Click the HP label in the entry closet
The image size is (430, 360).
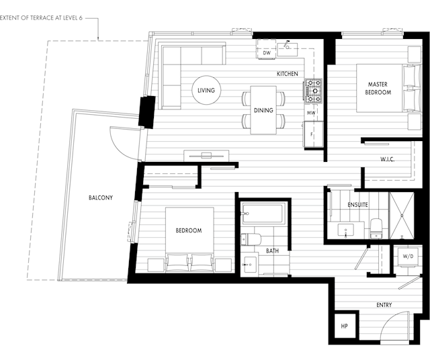click(344, 326)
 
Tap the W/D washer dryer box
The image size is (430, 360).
click(408, 257)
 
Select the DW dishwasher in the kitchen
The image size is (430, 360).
click(266, 49)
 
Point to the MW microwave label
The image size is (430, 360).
click(310, 113)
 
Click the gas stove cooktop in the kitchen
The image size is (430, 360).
click(314, 91)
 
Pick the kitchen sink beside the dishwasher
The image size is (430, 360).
click(288, 49)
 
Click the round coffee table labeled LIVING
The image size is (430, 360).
click(206, 90)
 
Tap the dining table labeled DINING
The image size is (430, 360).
click(263, 110)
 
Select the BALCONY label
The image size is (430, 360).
click(101, 197)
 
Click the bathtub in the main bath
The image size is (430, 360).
click(263, 214)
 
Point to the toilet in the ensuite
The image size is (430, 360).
click(376, 228)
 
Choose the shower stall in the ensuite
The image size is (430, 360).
click(402, 216)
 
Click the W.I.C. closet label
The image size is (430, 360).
click(387, 159)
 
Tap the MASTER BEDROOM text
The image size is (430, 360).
click(378, 88)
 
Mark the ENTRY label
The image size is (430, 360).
click(384, 305)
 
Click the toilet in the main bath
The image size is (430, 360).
click(251, 239)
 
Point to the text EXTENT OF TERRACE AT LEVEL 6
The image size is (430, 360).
click(41, 18)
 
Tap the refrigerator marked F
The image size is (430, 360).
click(314, 134)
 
